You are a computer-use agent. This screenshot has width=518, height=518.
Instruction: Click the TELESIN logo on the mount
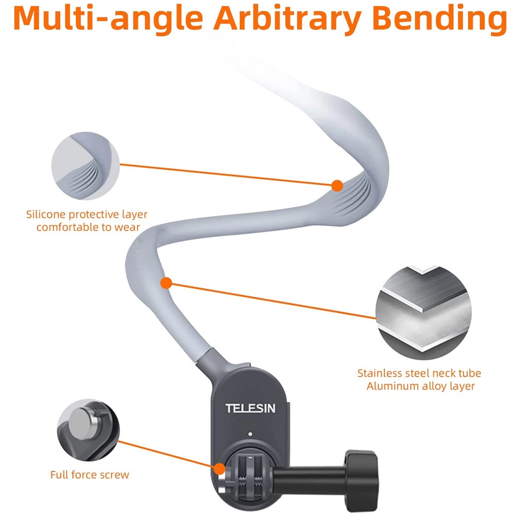[250, 408]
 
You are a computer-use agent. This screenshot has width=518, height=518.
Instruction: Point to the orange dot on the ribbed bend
[337, 184]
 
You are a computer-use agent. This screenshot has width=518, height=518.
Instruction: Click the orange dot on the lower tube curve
[166, 283]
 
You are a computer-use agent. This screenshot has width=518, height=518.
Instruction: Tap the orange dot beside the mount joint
[220, 469]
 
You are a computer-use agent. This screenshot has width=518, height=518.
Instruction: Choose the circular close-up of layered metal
[424, 312]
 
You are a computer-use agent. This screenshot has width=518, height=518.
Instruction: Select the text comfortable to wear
[87, 227]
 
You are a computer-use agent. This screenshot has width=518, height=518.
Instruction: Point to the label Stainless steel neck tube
[419, 373]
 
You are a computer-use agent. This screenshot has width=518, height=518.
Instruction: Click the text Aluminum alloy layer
[419, 386]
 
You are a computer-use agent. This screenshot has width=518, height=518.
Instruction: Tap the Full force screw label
[90, 474]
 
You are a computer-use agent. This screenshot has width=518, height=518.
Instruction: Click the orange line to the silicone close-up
[228, 175]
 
